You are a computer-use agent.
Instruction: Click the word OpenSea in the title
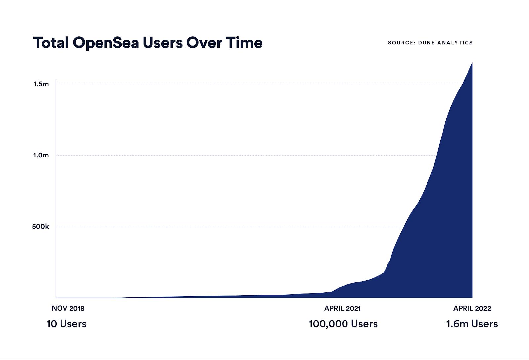click(106, 43)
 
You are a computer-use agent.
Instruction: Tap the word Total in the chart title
click(51, 43)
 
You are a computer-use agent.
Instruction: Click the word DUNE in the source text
click(426, 43)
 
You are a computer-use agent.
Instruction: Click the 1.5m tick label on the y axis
click(41, 84)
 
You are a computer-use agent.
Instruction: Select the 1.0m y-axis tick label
click(41, 155)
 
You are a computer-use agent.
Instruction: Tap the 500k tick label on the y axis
click(40, 227)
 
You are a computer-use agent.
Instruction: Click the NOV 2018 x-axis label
click(68, 308)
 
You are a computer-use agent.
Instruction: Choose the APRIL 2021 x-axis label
click(343, 308)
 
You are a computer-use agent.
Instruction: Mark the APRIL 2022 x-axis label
click(472, 308)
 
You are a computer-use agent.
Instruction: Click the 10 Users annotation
click(66, 324)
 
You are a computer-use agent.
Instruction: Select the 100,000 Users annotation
click(343, 324)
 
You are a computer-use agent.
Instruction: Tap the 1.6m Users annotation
click(472, 324)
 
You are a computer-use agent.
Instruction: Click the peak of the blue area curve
click(472, 63)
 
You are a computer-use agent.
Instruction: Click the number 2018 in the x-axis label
click(77, 308)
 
